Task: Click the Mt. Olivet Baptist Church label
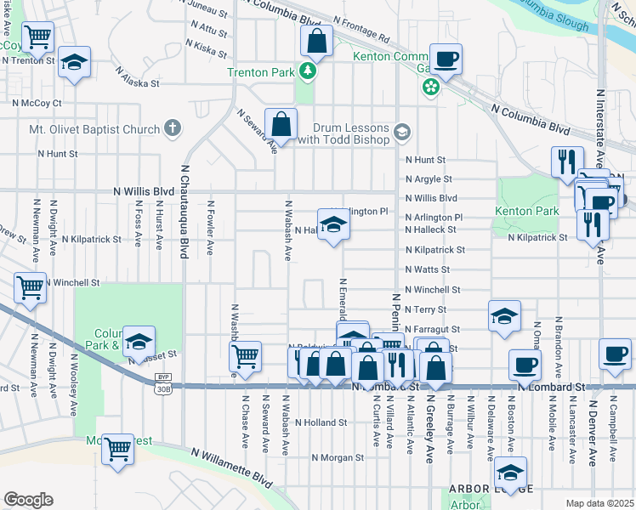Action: coord(95,129)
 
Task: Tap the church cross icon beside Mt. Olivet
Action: coord(173,129)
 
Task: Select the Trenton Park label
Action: coord(259,72)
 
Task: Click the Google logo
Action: coord(28,500)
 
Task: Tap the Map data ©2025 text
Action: coord(600,503)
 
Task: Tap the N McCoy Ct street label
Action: coord(37,103)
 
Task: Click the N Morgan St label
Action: coord(338,457)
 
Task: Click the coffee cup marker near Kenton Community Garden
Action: coord(446,59)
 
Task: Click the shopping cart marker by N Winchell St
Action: coord(30,287)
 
